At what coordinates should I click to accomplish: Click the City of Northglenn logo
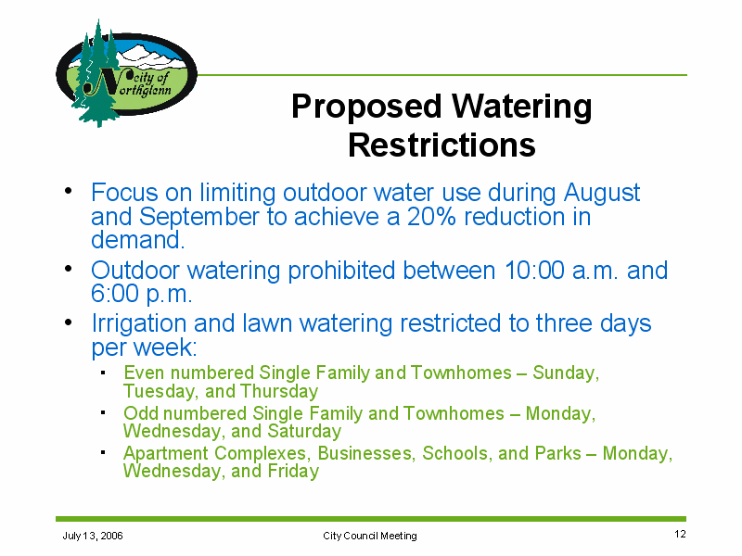tap(126, 74)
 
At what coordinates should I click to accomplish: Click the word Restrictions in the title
tap(441, 145)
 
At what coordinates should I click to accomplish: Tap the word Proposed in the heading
tap(366, 107)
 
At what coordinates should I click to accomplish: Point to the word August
tap(602, 194)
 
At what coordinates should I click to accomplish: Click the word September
tap(199, 218)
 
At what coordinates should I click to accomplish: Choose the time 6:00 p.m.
tap(142, 295)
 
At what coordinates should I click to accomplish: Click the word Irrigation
tap(139, 324)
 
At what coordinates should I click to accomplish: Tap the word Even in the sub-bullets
tap(145, 373)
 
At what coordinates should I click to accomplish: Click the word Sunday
tap(566, 373)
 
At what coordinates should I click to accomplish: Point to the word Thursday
tap(279, 392)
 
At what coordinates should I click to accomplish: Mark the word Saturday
tap(304, 431)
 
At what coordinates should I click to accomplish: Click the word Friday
tap(293, 472)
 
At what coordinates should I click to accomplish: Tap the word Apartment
tap(166, 454)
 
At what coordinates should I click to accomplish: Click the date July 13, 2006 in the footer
tap(93, 536)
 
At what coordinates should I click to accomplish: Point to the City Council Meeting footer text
tap(370, 536)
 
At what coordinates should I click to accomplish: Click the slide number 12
tap(680, 535)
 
